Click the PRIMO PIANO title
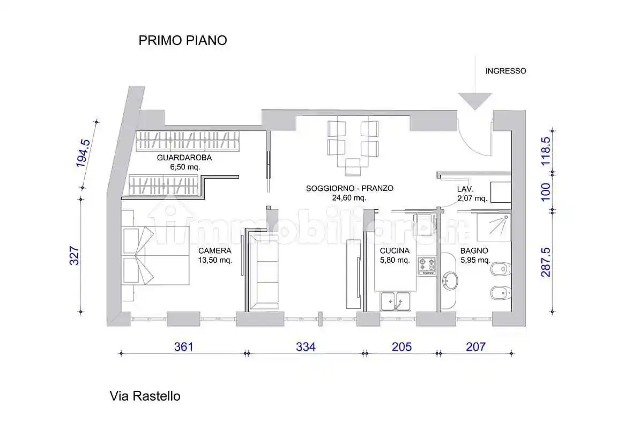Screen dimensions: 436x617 point(182,40)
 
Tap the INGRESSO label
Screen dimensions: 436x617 point(506,71)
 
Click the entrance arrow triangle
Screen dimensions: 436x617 point(474,100)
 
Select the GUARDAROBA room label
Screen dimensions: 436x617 point(184,158)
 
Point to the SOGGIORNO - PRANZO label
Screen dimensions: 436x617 point(350,188)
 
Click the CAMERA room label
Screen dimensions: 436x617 point(214,250)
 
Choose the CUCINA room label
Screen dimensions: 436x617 point(395,250)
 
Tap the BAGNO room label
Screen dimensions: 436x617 point(474,250)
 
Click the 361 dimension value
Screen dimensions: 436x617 point(183,347)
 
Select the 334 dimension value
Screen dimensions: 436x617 point(306,347)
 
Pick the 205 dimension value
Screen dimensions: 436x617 point(402,347)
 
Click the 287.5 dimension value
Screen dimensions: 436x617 point(546,262)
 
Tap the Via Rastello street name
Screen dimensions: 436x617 point(145,396)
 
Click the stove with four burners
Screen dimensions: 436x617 point(427,265)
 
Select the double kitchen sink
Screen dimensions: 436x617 point(396,301)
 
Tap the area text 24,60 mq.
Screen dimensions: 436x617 point(350,197)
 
